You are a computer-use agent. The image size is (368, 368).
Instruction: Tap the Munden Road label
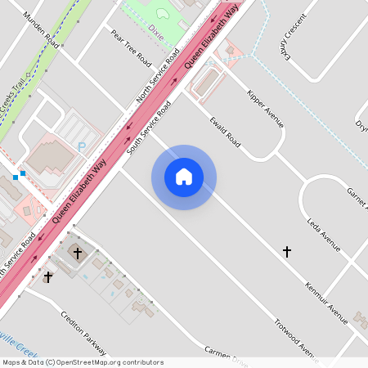click(x=41, y=29)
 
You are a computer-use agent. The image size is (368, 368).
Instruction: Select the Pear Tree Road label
click(x=131, y=49)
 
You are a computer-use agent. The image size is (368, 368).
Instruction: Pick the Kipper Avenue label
click(x=265, y=107)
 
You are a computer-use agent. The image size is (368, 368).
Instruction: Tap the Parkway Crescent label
click(x=292, y=38)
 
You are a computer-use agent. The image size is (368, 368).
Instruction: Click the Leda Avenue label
click(x=323, y=233)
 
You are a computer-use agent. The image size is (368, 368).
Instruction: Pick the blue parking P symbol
click(x=80, y=146)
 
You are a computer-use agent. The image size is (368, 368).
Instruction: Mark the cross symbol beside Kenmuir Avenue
click(x=286, y=252)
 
